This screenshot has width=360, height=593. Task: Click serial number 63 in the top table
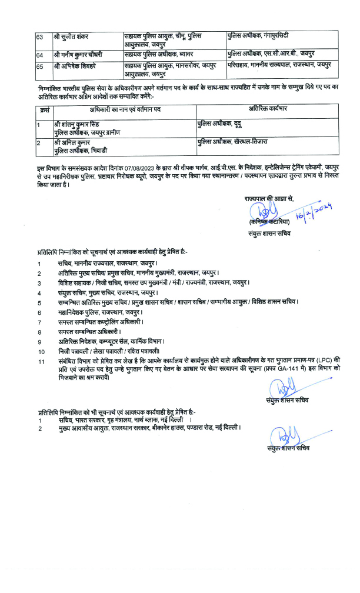click(39, 36)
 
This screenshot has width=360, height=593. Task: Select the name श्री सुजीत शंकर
click(72, 36)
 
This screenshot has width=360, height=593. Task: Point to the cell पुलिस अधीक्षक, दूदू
click(221, 125)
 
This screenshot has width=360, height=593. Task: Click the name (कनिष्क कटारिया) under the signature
click(269, 222)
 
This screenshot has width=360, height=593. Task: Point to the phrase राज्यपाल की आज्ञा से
click(269, 199)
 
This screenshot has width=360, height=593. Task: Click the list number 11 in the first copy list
click(41, 361)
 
